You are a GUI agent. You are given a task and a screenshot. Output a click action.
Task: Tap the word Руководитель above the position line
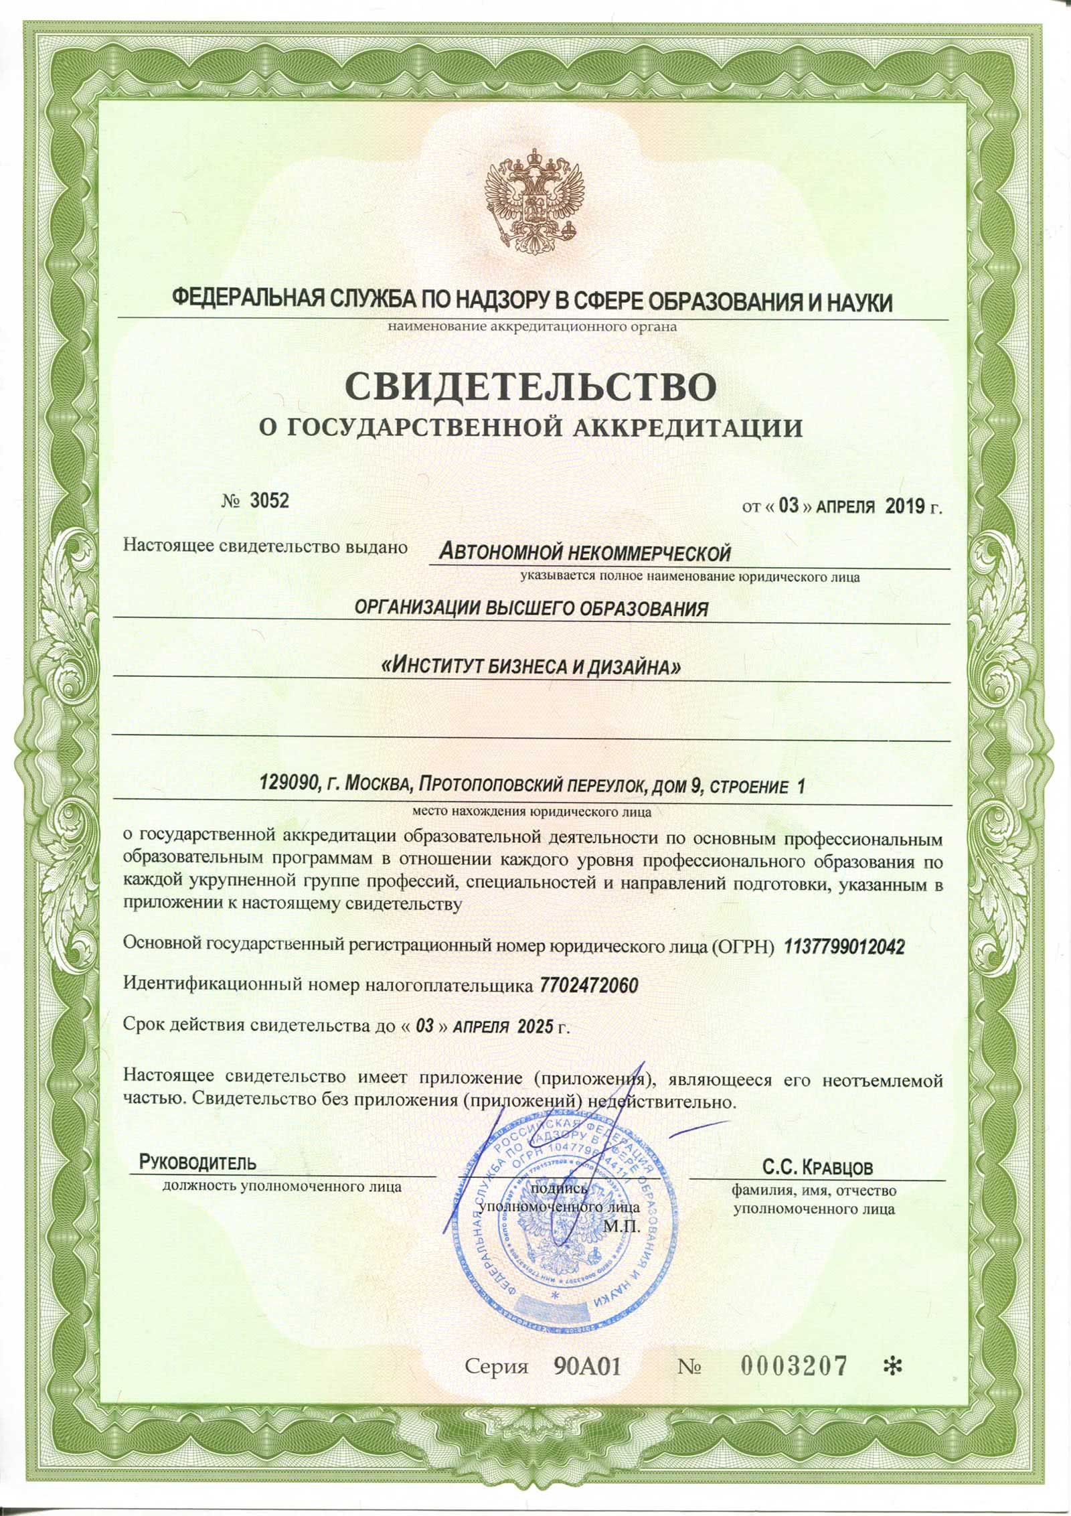(x=197, y=1162)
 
